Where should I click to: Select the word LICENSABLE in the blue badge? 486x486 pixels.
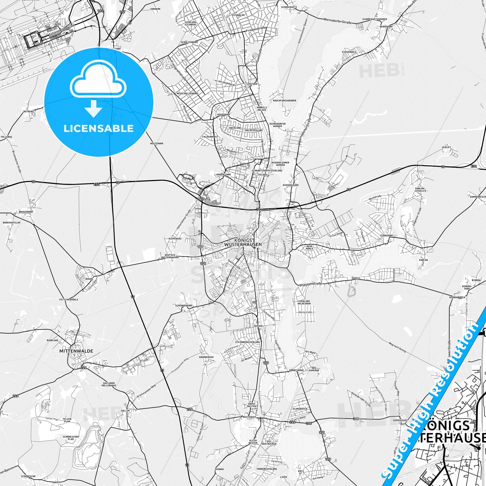98,128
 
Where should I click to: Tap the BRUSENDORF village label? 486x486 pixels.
26,212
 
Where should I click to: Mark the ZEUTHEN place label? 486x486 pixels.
252,84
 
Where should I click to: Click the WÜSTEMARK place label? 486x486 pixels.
157,143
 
